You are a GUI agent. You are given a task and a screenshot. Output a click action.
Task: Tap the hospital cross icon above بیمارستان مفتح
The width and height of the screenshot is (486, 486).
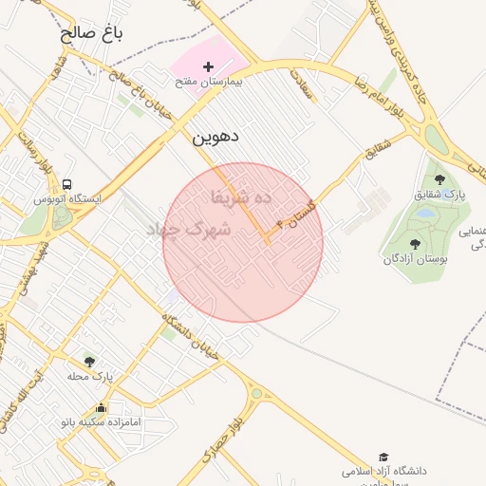coord(209,66)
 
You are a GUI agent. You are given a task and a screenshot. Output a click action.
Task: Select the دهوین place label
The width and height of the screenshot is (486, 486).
coord(215,136)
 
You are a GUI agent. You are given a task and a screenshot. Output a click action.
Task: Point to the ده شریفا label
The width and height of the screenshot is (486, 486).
coord(241,197)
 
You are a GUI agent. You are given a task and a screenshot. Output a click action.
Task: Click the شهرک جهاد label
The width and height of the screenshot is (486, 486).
coord(190,230)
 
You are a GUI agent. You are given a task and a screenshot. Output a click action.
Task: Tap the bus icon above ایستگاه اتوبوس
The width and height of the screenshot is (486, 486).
coord(66,184)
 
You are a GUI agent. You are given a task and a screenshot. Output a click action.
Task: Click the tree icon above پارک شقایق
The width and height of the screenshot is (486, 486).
coord(439,178)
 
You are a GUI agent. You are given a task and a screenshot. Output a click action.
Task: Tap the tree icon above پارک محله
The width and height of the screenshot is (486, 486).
coord(90,361)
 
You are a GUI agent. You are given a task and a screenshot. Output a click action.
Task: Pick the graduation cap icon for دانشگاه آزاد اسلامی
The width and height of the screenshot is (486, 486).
coord(383,458)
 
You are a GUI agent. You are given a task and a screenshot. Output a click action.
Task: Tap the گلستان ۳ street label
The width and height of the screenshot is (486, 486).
coord(295,215)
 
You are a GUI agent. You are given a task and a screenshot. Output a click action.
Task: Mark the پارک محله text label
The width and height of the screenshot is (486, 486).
coord(89,376)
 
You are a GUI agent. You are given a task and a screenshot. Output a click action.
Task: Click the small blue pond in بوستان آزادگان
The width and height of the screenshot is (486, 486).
coord(426,214)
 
